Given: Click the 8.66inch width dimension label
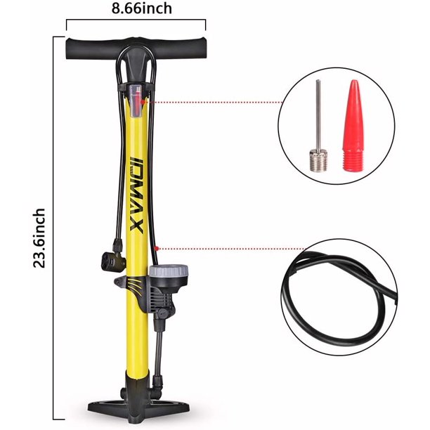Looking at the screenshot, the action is pos(142,8).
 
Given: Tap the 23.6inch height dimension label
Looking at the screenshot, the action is pos(39,238).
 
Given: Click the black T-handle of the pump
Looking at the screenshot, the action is pos(136,49).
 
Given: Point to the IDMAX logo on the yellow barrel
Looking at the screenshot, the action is pos(136,195).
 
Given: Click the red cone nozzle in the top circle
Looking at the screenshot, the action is pos(353,126).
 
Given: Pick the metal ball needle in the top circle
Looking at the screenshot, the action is pos(318,126).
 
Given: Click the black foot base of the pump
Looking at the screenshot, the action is pos(138,411).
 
